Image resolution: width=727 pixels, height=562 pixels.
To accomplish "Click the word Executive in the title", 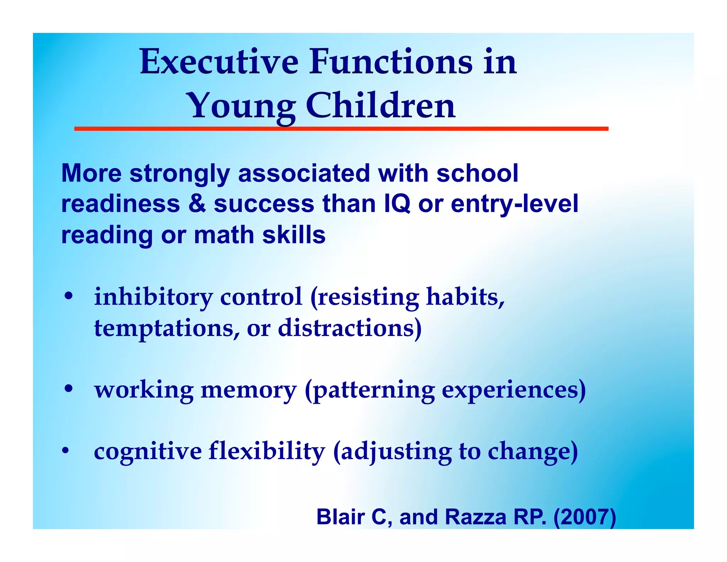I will (x=219, y=62).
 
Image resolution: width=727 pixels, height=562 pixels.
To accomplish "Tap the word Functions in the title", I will (x=390, y=62).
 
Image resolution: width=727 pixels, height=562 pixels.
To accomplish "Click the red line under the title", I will (x=341, y=129).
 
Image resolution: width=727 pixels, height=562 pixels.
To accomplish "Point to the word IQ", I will (x=397, y=204).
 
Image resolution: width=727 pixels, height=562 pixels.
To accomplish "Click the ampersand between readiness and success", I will (x=197, y=204).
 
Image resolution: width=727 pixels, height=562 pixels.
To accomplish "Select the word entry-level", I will (x=514, y=204).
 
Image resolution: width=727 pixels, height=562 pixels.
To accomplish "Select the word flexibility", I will (x=266, y=451).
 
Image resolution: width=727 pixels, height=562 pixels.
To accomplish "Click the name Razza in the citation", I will (x=475, y=517).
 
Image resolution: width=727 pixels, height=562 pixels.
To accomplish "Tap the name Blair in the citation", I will (x=340, y=517).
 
